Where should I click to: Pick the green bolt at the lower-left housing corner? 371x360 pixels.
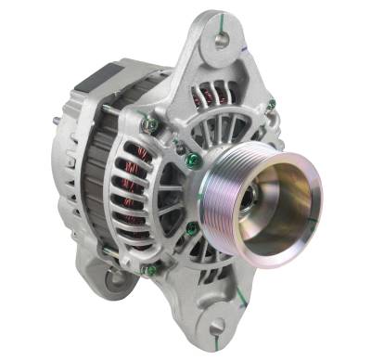[x=146, y=272]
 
